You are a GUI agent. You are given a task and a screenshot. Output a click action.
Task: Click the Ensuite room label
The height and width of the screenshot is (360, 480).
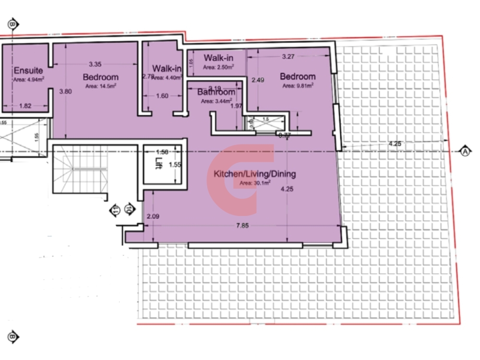[x=24, y=71]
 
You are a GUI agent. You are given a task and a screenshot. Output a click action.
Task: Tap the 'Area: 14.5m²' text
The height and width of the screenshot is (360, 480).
[x=100, y=86]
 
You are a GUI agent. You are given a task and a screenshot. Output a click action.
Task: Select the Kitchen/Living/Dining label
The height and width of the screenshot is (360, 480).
[x=255, y=174]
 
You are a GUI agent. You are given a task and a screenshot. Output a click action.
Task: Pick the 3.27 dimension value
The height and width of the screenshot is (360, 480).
[x=288, y=57]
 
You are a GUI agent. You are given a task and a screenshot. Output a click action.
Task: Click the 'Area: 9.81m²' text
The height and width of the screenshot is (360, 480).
[x=298, y=86]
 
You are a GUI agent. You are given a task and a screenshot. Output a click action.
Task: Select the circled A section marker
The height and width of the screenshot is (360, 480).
[x=465, y=151]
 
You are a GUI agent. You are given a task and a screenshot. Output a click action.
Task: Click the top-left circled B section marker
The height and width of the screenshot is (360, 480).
[x=13, y=24]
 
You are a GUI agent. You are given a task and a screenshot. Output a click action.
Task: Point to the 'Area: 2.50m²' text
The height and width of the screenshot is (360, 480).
[x=218, y=67]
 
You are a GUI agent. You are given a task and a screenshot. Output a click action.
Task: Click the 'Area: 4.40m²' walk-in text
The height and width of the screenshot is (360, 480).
[x=167, y=77]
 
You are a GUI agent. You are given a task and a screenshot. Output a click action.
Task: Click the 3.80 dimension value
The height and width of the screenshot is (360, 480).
[x=65, y=92]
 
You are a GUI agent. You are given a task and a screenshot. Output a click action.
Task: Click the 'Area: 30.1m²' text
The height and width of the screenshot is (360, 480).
[x=255, y=183]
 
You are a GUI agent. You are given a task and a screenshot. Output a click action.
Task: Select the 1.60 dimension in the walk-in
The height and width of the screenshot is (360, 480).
[x=162, y=96]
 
